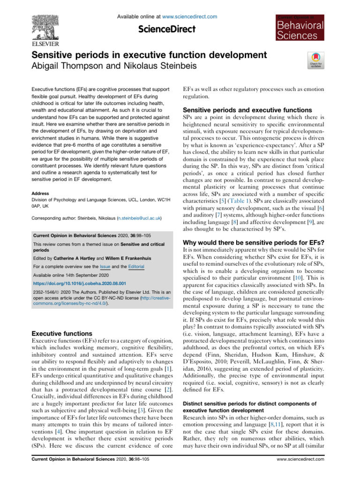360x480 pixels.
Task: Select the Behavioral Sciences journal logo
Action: tap(299, 27)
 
